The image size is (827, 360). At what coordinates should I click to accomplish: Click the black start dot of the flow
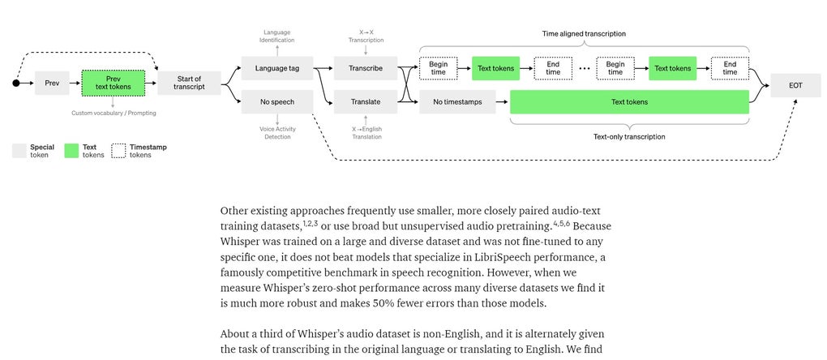pos(15,83)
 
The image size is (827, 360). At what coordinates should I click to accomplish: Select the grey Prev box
pos(52,83)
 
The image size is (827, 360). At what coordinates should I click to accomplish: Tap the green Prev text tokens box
pos(113,83)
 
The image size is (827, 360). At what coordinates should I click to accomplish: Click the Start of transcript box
pos(189,83)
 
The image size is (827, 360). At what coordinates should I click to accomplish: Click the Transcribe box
pos(365,68)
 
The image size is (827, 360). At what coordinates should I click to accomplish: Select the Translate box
pos(365,102)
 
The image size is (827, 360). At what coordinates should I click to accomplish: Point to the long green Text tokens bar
pos(628,102)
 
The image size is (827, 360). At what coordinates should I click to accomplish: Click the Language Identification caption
pos(276,36)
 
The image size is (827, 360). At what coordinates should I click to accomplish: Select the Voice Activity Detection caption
pos(276,132)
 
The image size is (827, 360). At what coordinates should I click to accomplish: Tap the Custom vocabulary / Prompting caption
pos(114,113)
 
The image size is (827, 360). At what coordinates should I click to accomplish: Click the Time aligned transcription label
pos(584,34)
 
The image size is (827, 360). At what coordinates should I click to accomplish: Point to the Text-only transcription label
pos(628,136)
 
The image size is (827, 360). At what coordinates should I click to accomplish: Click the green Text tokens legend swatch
pos(72,151)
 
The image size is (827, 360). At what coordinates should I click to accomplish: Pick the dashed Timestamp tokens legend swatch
pos(118,151)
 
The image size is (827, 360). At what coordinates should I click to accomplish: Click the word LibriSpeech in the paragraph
pos(440,257)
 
